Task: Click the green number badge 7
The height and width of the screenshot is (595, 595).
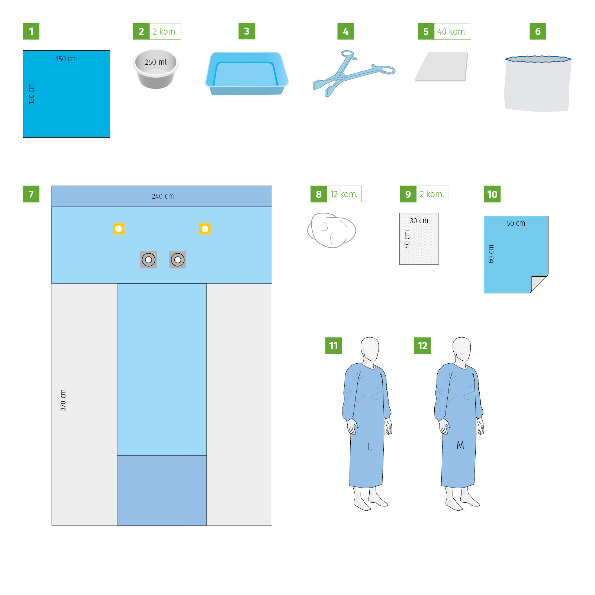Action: tap(31, 194)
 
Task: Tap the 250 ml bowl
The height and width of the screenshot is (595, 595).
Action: tap(156, 69)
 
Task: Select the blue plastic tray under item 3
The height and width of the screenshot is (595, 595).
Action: tap(247, 74)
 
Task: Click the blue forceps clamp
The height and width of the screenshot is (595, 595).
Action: tap(353, 73)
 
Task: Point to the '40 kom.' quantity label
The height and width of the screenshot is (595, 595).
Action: tap(452, 32)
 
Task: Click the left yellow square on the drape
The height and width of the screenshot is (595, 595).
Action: tap(119, 229)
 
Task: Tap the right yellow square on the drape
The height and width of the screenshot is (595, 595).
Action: tap(205, 229)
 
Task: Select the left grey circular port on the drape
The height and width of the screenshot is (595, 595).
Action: tap(149, 260)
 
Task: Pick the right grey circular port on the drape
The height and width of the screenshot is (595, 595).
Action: tap(178, 260)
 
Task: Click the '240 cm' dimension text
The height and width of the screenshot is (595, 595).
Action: tap(163, 196)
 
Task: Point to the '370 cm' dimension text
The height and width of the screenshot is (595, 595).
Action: tap(63, 400)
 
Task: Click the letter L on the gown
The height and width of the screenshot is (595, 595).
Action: tap(370, 447)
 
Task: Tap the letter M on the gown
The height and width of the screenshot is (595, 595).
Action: tap(460, 445)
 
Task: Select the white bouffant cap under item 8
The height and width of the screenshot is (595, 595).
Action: tap(332, 230)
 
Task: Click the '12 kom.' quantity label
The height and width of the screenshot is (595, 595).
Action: tap(344, 194)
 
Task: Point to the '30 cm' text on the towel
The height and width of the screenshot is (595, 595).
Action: tap(419, 221)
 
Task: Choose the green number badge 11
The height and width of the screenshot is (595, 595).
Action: tap(334, 346)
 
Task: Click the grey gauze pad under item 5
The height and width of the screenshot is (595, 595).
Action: tap(441, 67)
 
